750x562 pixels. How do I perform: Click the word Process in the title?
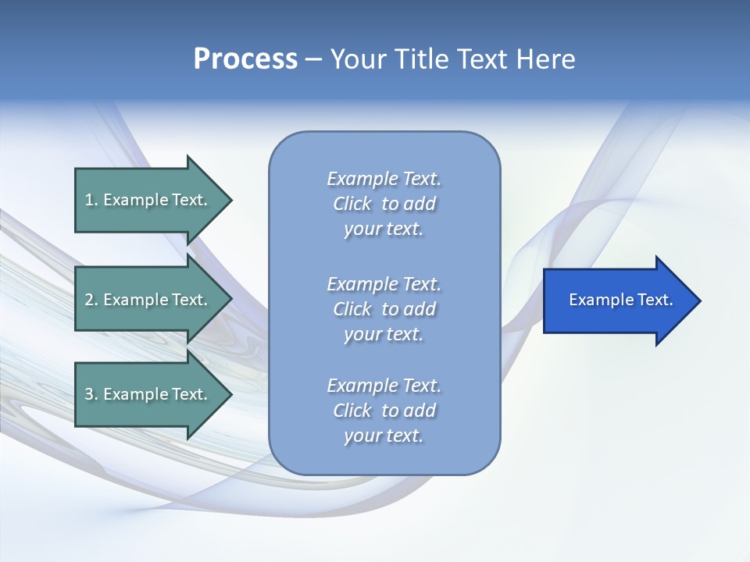tap(245, 59)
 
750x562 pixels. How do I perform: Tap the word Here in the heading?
tap(545, 59)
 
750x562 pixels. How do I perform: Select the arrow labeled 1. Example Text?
tap(148, 200)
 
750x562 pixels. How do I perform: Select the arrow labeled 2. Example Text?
tap(148, 300)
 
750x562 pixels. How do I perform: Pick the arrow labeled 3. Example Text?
tap(148, 394)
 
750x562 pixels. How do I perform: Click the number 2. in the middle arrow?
tap(91, 300)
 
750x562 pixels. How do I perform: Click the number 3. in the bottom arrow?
tap(91, 394)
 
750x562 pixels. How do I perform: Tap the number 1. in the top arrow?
tap(91, 200)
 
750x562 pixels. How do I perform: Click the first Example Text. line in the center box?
tap(384, 179)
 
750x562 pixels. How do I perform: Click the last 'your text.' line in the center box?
tap(384, 436)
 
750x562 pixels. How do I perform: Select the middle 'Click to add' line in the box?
tap(384, 309)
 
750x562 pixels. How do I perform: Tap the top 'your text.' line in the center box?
tap(384, 229)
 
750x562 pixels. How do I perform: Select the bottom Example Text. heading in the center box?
tap(384, 386)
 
